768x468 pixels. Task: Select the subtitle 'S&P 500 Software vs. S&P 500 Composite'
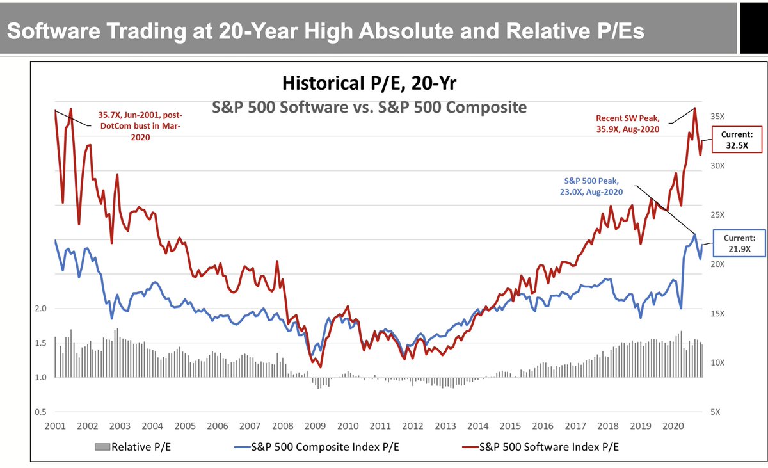[369, 107]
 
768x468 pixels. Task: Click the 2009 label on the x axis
[315, 426]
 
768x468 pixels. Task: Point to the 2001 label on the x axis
[55, 426]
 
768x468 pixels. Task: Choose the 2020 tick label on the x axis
[671, 426]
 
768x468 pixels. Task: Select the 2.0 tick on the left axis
[42, 309]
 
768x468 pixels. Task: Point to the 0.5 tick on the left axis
[42, 412]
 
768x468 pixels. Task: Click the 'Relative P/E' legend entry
[132, 447]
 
